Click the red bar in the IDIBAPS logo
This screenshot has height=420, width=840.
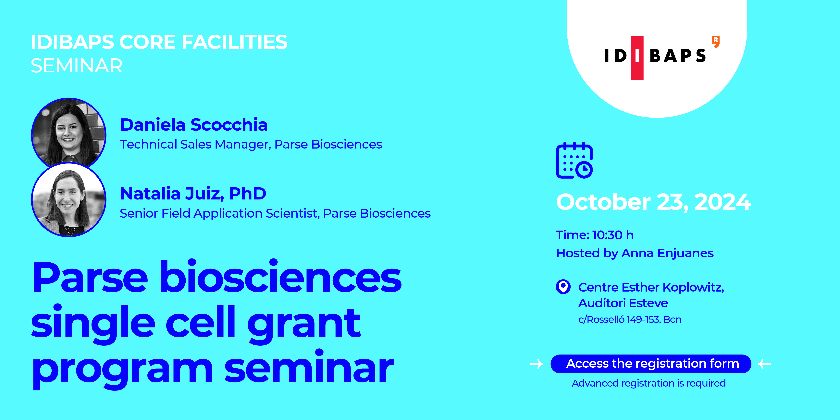click(637, 58)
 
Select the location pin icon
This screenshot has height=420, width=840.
click(563, 287)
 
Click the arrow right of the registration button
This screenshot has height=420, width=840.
click(764, 364)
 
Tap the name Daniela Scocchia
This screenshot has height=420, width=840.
click(194, 125)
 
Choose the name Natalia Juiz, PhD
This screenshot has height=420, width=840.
click(193, 194)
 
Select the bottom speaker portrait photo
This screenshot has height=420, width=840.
click(68, 200)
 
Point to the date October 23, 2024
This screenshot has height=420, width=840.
click(653, 202)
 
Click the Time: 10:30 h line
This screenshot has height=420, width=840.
click(594, 235)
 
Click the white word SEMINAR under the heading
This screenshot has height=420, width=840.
click(77, 66)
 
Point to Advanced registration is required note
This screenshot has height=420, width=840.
click(649, 383)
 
